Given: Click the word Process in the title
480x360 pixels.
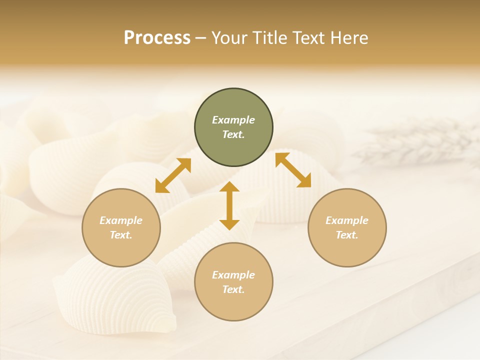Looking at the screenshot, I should pos(157,38).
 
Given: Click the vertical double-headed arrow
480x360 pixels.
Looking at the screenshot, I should pos(229,206).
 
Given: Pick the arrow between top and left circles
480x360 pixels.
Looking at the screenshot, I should pos(173,175).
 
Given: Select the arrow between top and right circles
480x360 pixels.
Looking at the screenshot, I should pos(293,170).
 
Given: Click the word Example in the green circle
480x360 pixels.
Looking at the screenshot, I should pos(233,120).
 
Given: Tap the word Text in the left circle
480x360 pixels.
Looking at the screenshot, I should pos(121,235).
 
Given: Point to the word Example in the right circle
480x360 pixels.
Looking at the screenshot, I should pos(347,220).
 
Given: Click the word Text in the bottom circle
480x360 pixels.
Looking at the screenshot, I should pos(233,289).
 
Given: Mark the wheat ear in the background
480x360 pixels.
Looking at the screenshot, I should pos(415,142).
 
